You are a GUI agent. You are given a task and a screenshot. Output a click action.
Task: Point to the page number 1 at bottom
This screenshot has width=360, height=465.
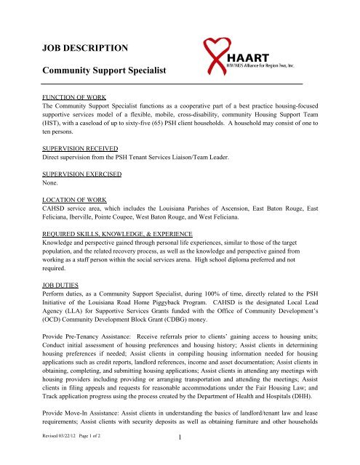click(x=180, y=457)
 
